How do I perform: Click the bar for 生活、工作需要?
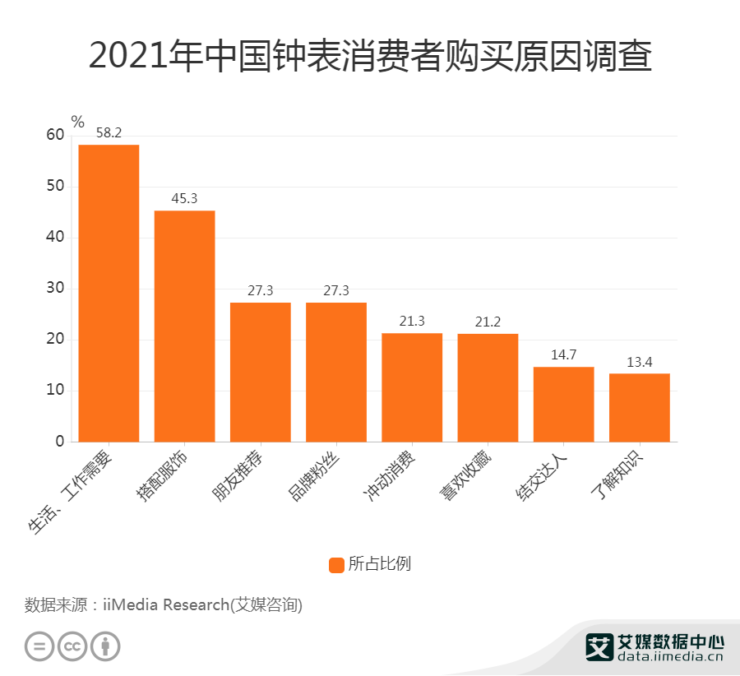[x=109, y=293]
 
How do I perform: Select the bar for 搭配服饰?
[x=184, y=326]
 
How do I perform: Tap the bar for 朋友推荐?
[x=260, y=372]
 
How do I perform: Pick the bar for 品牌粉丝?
[x=335, y=372]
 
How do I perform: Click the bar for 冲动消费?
[x=412, y=387]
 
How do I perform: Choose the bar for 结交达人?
[x=563, y=404]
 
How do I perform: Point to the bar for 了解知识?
[x=639, y=407]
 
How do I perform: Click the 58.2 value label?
[x=109, y=132]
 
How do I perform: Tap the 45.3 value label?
[x=184, y=198]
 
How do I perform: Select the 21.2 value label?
[x=488, y=322]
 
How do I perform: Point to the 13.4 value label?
[x=639, y=362]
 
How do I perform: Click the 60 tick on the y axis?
[x=55, y=136]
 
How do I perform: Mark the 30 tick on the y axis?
[x=55, y=289]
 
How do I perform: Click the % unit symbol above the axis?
[x=77, y=122]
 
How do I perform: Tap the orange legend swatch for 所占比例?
[x=336, y=564]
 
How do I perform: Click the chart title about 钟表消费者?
[x=370, y=58]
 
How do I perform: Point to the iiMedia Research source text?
[x=164, y=605]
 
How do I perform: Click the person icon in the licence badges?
[x=105, y=646]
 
